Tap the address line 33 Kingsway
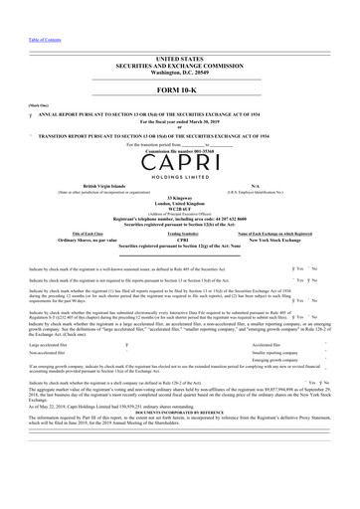pos(180,199)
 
